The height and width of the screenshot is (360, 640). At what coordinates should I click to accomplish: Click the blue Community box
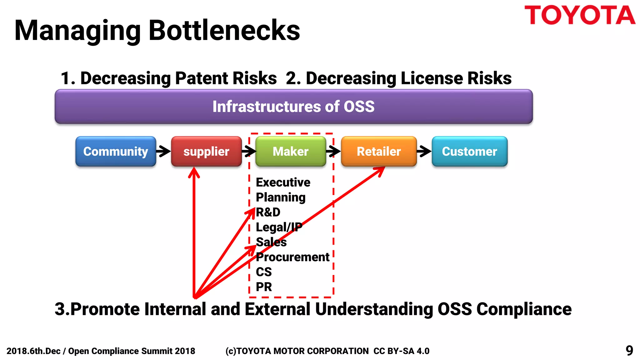coord(116,151)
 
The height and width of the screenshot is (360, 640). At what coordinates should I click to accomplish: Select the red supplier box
coord(206,151)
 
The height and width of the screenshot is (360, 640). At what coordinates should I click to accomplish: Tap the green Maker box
coord(291,151)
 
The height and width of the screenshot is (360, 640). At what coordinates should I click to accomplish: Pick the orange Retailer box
coord(379,151)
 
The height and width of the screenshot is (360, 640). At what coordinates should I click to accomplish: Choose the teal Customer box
coord(469,151)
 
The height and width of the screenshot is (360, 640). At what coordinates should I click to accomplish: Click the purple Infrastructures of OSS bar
coord(293,107)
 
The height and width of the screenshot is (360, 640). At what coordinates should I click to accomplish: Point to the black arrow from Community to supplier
coord(163,151)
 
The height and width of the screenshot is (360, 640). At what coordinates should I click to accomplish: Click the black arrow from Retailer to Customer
coord(424,151)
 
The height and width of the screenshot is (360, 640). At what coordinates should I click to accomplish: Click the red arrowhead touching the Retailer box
coord(380,171)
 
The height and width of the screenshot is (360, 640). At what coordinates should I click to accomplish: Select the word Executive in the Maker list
coord(283,182)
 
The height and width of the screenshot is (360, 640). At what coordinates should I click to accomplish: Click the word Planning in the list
coord(281,197)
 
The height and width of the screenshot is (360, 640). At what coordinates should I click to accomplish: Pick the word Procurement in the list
coord(292,257)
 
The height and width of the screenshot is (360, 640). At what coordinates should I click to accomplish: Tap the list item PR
coord(264,287)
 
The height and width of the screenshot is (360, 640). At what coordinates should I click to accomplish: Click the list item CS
coord(264,272)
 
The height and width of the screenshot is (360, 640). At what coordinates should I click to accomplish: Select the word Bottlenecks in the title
coord(224,30)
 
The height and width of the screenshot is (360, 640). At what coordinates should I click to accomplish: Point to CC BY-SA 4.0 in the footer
coord(401,351)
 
